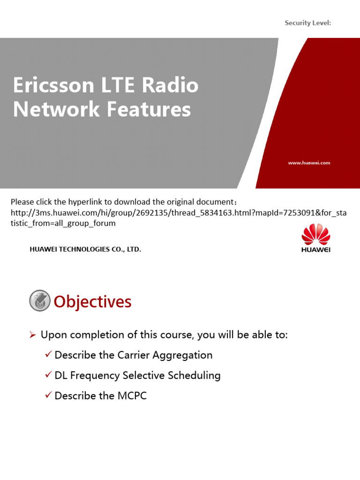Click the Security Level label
[x=307, y=23]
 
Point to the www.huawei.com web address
[x=309, y=163]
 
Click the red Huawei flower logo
[x=315, y=234]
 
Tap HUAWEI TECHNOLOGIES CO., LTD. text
[x=85, y=249]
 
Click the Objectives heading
[x=92, y=302]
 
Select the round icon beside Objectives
[x=39, y=300]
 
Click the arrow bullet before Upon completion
[x=32, y=335]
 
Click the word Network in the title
[x=56, y=110]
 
